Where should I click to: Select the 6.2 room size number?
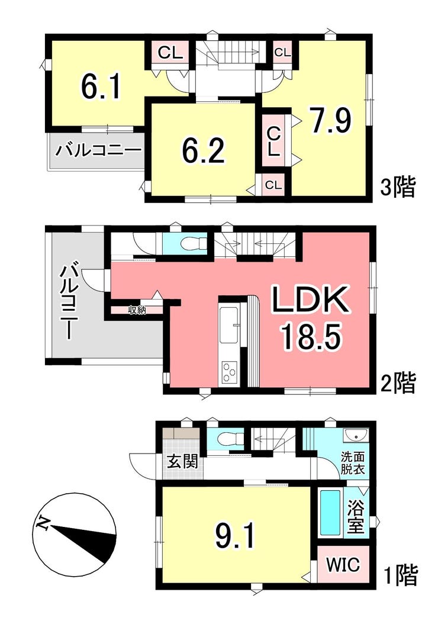203,150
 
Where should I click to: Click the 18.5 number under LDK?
311,337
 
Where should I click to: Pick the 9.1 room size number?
234,535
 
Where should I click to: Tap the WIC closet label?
343,564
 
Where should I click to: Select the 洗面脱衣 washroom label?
352,462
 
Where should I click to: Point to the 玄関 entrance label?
182,462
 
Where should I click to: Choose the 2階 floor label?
398,382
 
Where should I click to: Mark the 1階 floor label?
400,575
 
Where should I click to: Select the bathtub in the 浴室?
330,513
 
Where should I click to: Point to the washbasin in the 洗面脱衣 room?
355,436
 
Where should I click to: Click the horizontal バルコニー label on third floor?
98,151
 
